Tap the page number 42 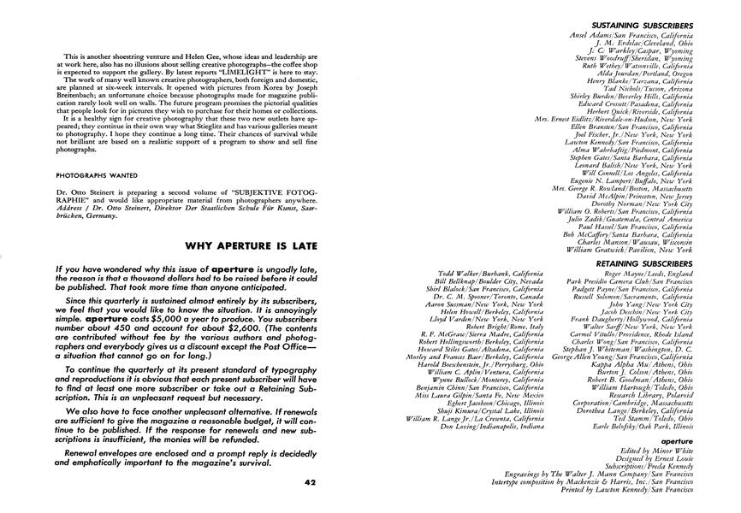point(310,482)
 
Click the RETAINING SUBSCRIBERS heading point(644,264)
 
